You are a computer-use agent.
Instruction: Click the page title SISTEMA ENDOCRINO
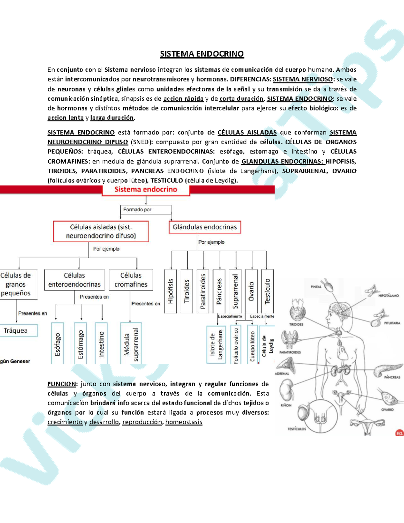pos(202,54)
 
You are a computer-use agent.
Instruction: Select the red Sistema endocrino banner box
pos(146,190)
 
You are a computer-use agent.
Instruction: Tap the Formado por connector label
pos(137,209)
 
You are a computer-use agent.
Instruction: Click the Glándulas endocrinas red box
pos(205,227)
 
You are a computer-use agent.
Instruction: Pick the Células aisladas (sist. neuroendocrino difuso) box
pos(101,231)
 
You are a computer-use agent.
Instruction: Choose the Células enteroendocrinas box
pos(74,280)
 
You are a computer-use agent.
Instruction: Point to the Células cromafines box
pos(131,280)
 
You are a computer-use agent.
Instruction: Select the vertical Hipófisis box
pos(170,291)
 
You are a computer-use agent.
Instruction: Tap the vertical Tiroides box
pos(187,291)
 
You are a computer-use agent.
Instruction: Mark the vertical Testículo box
pos(267,291)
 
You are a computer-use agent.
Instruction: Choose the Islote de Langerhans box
pos(216,344)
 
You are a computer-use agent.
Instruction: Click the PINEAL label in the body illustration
pos(316,287)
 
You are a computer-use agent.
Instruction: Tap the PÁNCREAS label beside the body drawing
pos(392,377)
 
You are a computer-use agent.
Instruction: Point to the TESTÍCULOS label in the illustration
pos(297,429)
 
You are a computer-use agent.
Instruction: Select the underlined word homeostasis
pos(184,422)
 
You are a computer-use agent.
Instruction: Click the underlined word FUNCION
pos(62,384)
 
